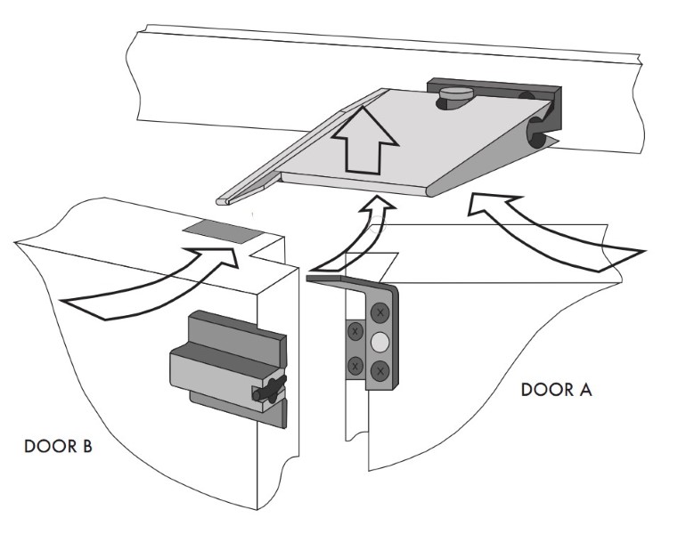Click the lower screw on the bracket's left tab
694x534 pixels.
(354, 361)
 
